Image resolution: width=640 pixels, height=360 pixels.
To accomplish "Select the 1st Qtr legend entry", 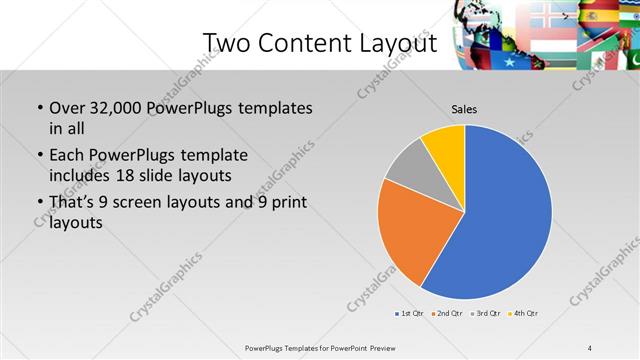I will click(410, 314).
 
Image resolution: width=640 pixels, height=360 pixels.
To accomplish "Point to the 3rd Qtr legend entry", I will click(487, 314).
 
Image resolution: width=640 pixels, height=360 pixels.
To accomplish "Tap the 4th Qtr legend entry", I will click(525, 314).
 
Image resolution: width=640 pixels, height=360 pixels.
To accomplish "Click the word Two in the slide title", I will click(227, 43).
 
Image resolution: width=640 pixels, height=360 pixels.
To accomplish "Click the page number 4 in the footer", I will click(590, 348).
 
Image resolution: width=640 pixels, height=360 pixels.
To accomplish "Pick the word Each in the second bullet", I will click(66, 156).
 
